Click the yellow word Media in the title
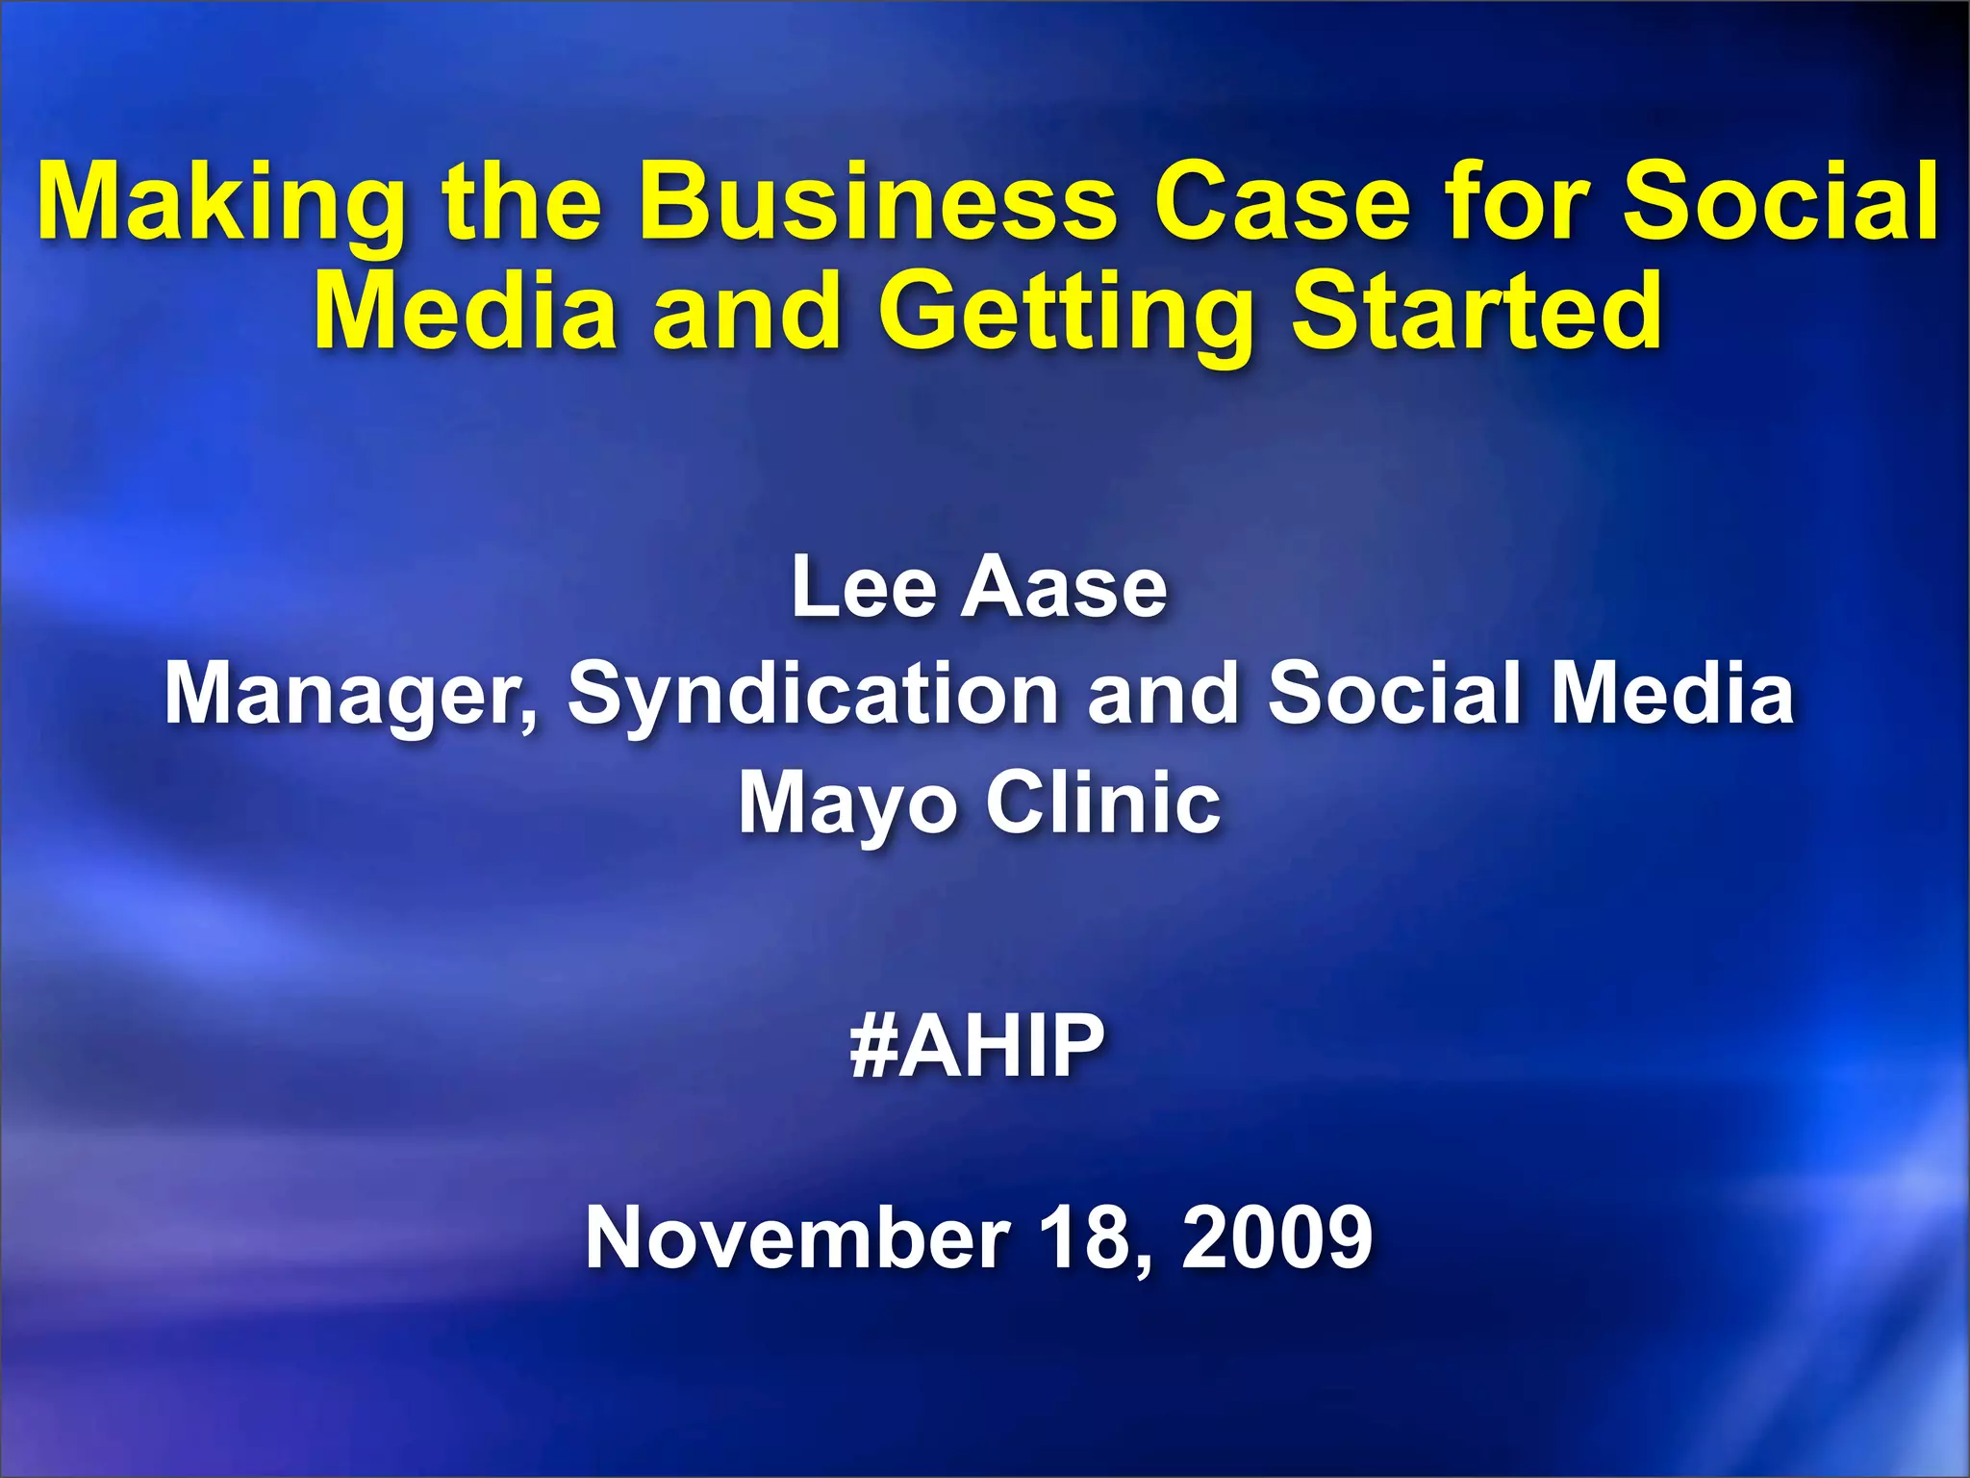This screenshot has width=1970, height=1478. click(466, 311)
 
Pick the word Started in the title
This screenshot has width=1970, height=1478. click(1476, 311)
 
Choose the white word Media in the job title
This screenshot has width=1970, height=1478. click(1673, 693)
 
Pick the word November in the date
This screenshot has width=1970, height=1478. click(797, 1237)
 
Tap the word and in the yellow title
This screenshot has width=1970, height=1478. click(746, 311)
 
